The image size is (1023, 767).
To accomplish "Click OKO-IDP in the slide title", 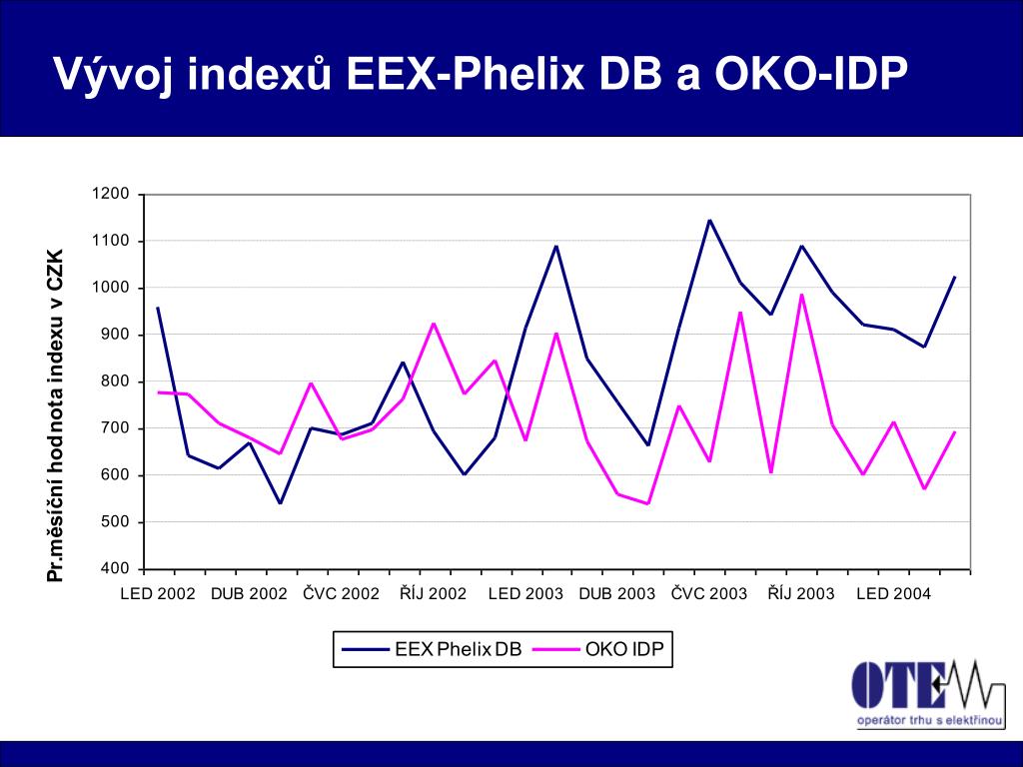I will pyautogui.click(x=809, y=75).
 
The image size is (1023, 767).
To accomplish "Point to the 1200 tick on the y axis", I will pyautogui.click(x=111, y=194).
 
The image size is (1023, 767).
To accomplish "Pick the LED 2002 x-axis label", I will pyautogui.click(x=158, y=594).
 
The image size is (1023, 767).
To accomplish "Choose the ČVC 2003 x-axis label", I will pyautogui.click(x=709, y=594).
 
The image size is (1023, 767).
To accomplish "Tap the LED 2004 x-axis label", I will pyautogui.click(x=894, y=594).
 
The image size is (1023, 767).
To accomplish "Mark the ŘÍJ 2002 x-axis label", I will pyautogui.click(x=434, y=594).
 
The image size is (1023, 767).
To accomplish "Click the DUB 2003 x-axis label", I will pyautogui.click(x=617, y=594).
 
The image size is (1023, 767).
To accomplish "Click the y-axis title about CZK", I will pyautogui.click(x=56, y=415).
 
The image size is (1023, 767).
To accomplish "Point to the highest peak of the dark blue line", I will pyautogui.click(x=709, y=220).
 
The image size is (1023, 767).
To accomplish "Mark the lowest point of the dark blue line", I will pyautogui.click(x=280, y=502).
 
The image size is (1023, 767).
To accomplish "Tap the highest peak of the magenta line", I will pyautogui.click(x=801, y=295).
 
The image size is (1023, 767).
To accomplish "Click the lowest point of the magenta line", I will pyautogui.click(x=647, y=503).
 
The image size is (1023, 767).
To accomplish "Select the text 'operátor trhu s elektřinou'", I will pyautogui.click(x=929, y=721).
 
